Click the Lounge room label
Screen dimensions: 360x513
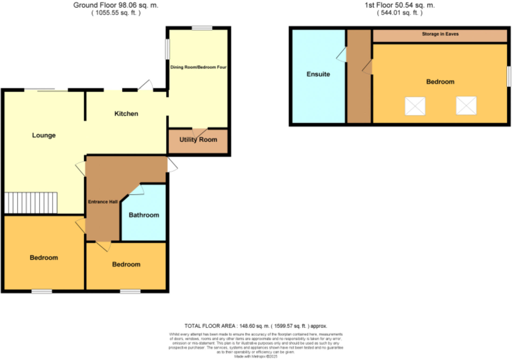point(44,135)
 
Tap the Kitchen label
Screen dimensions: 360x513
point(126,114)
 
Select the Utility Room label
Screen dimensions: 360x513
point(198,140)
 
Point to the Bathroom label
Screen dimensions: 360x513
point(144,215)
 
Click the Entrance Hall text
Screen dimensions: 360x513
point(103,202)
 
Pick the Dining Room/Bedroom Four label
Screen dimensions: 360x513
point(198,67)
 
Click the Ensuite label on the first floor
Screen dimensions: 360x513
point(318,74)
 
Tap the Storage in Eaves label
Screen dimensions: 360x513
point(440,34)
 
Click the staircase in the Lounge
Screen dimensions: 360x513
point(31,203)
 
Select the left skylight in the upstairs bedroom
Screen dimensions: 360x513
point(415,106)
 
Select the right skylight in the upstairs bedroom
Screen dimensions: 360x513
point(466,106)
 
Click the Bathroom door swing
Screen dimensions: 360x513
point(137,190)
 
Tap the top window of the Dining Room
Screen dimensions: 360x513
point(202,28)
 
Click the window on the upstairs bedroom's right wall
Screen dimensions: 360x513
point(509,77)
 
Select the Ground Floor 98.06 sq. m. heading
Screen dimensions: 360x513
point(116,5)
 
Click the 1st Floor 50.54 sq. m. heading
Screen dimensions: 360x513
point(400,5)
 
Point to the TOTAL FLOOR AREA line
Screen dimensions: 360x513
point(256,326)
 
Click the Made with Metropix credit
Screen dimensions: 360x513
point(255,356)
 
